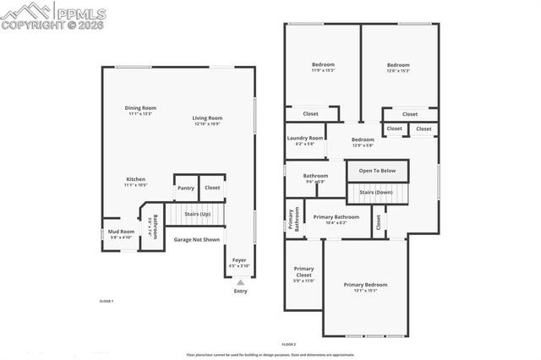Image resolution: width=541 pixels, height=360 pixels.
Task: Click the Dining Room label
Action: click(141, 108)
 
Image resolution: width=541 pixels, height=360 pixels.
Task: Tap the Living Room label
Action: click(207, 118)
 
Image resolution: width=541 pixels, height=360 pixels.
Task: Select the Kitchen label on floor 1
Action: click(136, 179)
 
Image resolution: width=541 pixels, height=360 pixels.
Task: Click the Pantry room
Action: click(186, 188)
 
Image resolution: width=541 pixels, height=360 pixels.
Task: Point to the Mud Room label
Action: click(121, 232)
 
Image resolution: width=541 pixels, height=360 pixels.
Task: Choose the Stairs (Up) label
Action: click(197, 215)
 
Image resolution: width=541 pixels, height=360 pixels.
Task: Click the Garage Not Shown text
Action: click(197, 239)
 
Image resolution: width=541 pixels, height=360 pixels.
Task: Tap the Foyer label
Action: click(239, 260)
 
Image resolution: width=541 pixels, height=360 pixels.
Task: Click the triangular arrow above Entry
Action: click(240, 282)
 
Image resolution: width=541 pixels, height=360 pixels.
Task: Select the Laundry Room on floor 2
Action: click(305, 138)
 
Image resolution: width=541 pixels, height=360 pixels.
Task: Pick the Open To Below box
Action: click(377, 171)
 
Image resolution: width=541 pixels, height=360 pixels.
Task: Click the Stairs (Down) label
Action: click(377, 193)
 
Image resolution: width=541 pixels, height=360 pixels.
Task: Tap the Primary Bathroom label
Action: click(336, 217)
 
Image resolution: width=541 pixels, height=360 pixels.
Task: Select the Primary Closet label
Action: click(303, 272)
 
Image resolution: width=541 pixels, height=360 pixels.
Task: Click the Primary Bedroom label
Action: click(365, 285)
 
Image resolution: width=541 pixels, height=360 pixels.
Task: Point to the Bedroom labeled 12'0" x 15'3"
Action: click(398, 65)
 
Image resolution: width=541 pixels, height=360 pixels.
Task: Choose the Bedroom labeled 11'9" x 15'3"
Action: click(323, 65)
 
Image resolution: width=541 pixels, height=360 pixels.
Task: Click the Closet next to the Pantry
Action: click(212, 188)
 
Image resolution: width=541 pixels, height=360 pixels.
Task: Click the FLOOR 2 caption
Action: click(289, 344)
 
